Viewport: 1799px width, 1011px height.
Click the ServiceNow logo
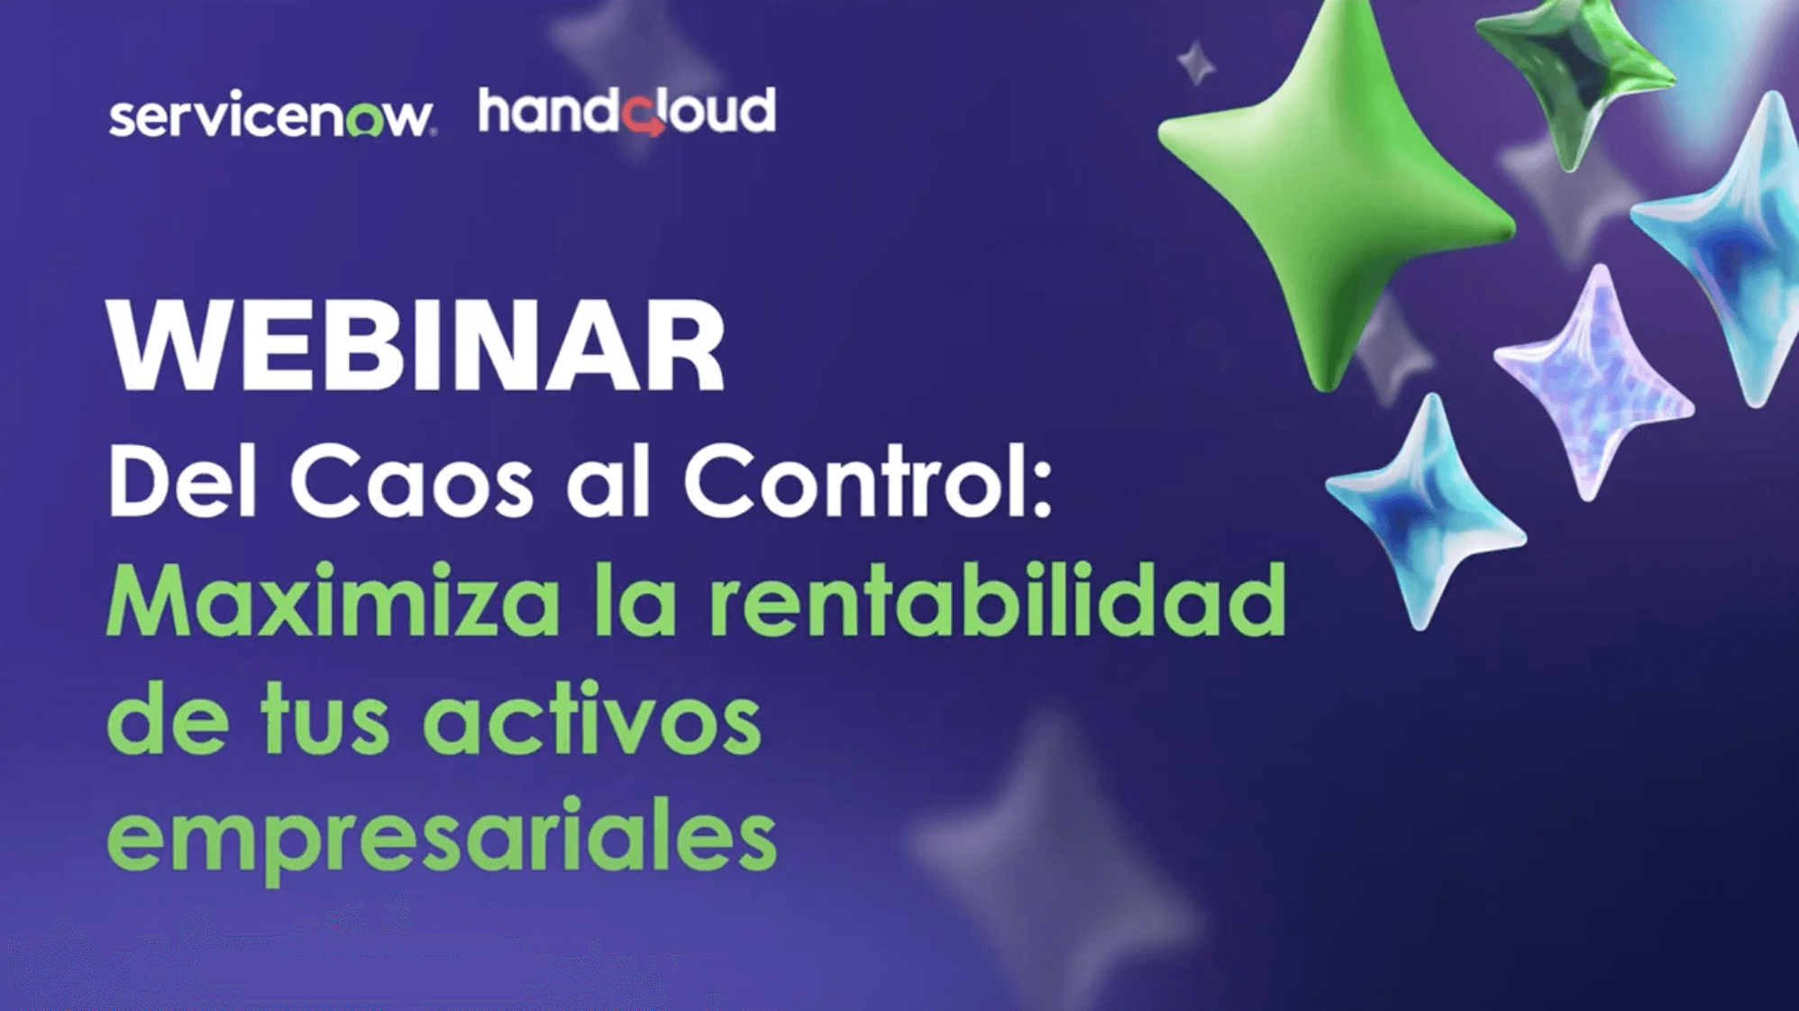pyautogui.click(x=271, y=114)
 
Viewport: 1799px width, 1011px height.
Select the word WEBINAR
pyautogui.click(x=416, y=346)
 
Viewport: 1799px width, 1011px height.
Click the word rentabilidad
pyautogui.click(x=998, y=599)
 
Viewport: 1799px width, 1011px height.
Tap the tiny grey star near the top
pyautogui.click(x=1197, y=63)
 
